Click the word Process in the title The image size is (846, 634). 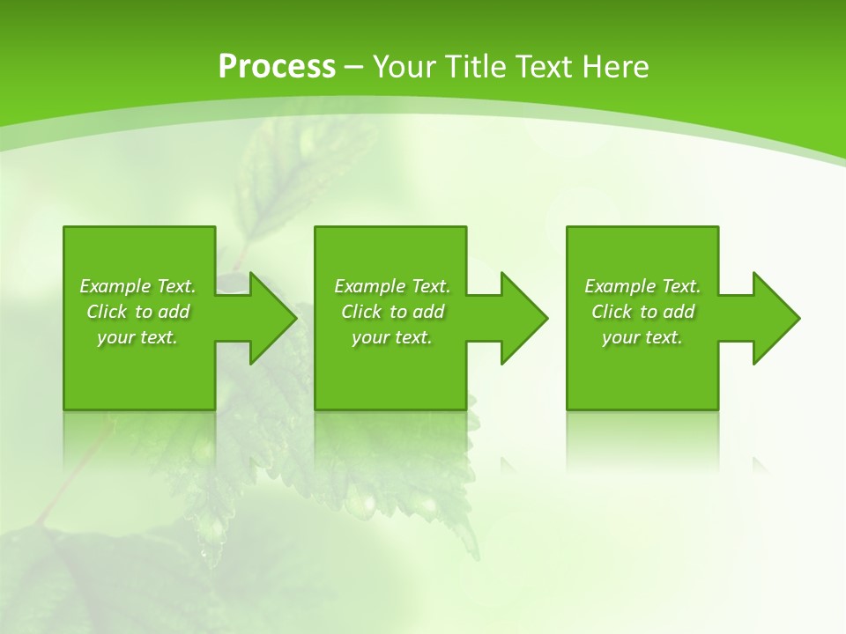point(277,67)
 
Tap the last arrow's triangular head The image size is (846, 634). point(775,318)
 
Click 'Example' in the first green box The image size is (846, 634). point(115,286)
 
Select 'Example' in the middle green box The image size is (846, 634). point(369,286)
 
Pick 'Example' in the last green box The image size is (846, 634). point(620,286)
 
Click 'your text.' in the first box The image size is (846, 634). point(137,337)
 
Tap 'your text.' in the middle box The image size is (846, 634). point(392,337)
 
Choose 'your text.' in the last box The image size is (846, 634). point(642,337)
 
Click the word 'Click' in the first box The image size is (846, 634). point(107,312)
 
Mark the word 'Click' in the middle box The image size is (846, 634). point(361,312)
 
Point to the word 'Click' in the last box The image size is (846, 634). point(612,312)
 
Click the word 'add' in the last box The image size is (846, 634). point(679,312)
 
